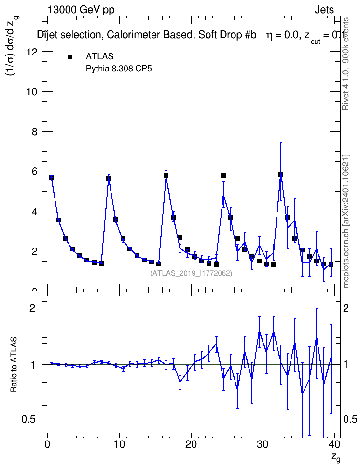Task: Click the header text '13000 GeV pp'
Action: [x=81, y=10]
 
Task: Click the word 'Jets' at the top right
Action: [x=324, y=10]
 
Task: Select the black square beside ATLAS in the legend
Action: [x=70, y=56]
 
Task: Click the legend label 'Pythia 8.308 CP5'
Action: [x=119, y=69]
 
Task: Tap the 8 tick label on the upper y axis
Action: [x=34, y=132]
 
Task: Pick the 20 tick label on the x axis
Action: [x=191, y=444]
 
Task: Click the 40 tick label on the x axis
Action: [x=334, y=444]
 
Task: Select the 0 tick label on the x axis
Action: [x=47, y=444]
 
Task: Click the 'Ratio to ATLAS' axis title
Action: [x=14, y=365]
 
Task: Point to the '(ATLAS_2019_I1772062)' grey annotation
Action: [x=191, y=273]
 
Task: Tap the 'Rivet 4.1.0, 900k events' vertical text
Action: [x=346, y=64]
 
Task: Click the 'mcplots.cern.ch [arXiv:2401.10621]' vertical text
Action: [x=346, y=221]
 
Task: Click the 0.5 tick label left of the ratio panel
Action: [x=29, y=420]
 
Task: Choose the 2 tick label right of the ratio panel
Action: [x=346, y=308]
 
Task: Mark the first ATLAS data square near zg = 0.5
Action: [x=51, y=178]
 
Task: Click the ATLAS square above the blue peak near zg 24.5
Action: [x=223, y=175]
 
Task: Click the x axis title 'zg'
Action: [x=336, y=457]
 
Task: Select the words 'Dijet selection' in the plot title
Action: [x=69, y=35]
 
